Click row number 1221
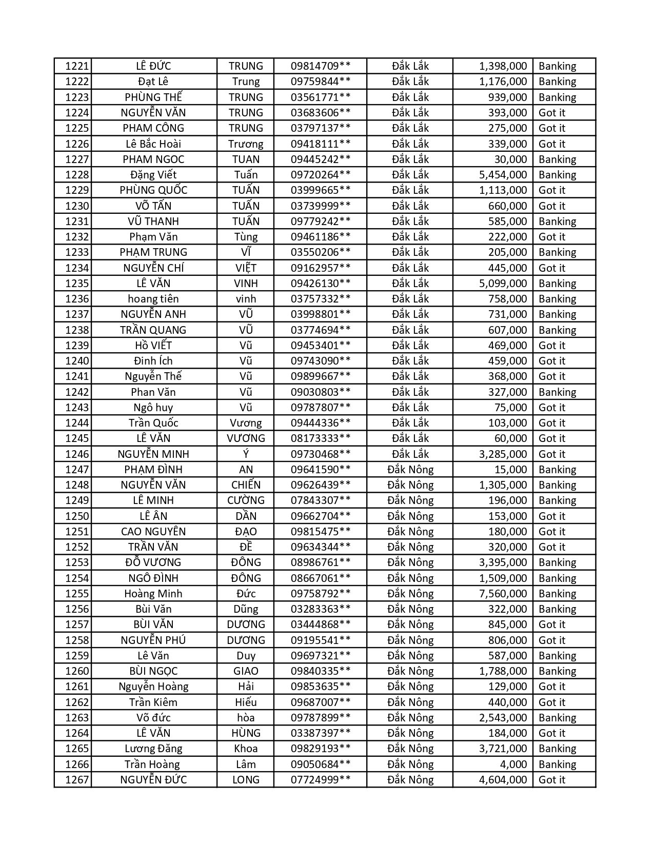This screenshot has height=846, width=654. point(77,66)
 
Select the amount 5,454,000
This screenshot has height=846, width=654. point(503,175)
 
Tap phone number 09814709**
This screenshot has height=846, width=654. point(321,66)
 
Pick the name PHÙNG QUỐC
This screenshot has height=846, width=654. point(153,190)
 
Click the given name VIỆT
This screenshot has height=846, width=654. point(246,268)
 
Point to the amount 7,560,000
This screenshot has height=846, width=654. point(503,594)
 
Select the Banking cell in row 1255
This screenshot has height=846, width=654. point(557,594)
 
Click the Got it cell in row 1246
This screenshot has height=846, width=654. point(551,454)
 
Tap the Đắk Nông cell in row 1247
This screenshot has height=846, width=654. point(410,470)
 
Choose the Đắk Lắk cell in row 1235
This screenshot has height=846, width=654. point(410,284)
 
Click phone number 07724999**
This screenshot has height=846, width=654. point(321,780)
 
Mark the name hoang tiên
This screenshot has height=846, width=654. point(153,299)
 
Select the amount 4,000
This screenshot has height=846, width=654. point(513,764)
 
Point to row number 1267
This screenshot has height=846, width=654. point(77,780)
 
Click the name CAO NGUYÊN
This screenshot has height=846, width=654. point(153,532)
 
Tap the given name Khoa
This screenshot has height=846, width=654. point(246,749)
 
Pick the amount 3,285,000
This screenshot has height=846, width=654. point(503,454)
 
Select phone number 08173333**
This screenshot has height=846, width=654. point(321,438)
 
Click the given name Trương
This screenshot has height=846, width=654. point(246,144)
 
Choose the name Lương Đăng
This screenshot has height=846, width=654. point(153,749)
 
